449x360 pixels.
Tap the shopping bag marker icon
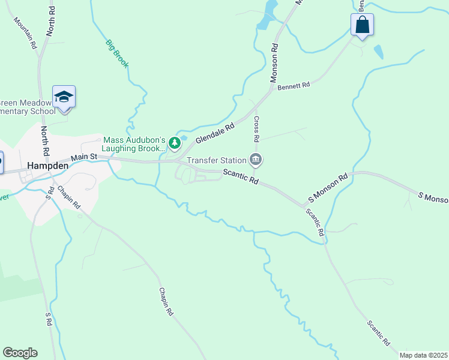click(362, 25)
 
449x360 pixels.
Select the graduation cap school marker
click(64, 96)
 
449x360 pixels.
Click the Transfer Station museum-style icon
click(256, 160)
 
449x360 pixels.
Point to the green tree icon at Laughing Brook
click(174, 143)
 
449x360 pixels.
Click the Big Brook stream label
click(117, 53)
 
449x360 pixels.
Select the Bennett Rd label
click(294, 86)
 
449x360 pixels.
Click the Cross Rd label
click(256, 129)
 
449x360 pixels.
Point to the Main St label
click(84, 157)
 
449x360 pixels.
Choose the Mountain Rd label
click(25, 32)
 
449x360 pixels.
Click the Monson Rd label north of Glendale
click(274, 62)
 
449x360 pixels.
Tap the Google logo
click(20, 353)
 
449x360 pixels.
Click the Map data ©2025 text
click(423, 355)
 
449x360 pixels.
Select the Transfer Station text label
click(217, 160)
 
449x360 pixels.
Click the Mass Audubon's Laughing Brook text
click(133, 144)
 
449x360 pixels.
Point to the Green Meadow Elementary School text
click(28, 106)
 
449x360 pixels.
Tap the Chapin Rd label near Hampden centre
click(68, 197)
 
